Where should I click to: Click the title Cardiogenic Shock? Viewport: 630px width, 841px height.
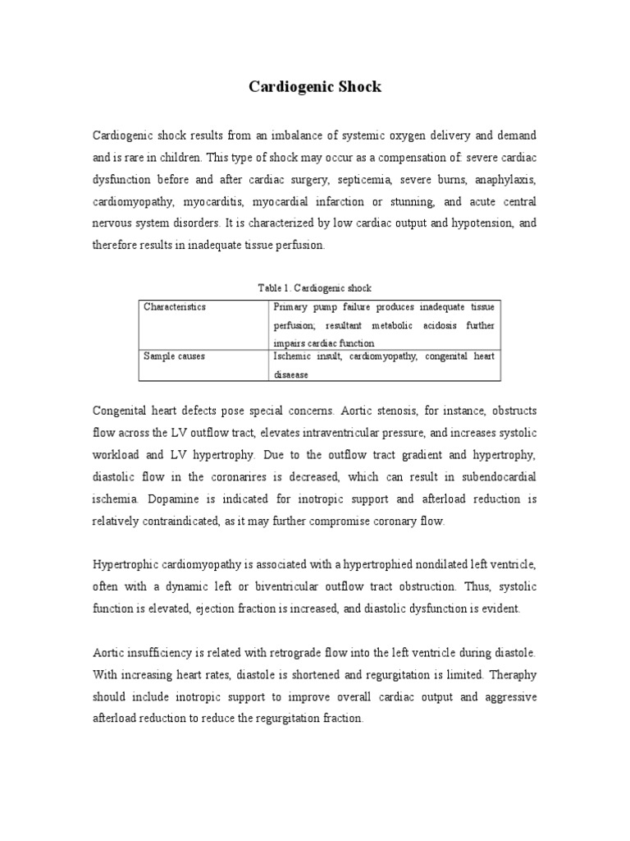point(315,86)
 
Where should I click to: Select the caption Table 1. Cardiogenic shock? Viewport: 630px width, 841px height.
point(315,288)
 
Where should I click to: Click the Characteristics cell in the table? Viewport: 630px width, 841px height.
point(175,307)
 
